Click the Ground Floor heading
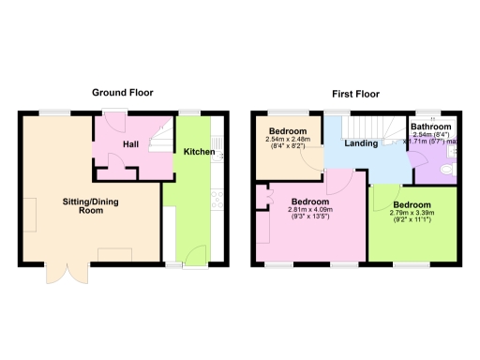point(122,92)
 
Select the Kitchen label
point(199,152)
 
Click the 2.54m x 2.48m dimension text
point(291,141)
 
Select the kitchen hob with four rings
point(217,199)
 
